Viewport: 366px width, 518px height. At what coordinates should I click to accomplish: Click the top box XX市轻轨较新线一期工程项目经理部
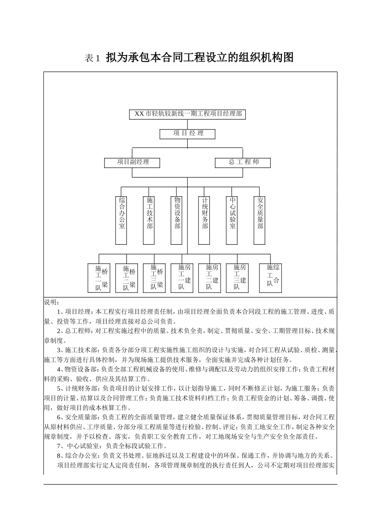point(187,114)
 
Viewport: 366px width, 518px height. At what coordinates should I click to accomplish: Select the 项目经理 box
point(187,134)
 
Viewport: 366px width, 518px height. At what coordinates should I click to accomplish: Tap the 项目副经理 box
point(132,162)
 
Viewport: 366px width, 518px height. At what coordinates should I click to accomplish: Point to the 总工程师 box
point(243,162)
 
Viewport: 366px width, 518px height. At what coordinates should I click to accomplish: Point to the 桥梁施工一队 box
point(99,278)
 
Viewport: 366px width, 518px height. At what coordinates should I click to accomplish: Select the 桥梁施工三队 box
point(154,277)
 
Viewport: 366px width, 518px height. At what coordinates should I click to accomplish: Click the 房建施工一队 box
point(182,278)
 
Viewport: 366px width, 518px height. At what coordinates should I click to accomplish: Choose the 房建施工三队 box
point(237,278)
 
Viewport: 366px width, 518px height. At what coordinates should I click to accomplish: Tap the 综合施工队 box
point(270,278)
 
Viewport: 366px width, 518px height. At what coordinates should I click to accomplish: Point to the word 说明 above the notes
point(50,302)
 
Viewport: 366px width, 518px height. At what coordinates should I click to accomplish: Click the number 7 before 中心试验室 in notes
point(59,446)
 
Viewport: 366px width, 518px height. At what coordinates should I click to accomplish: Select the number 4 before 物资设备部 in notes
point(59,369)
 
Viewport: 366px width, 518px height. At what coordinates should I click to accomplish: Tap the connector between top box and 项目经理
point(187,124)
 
